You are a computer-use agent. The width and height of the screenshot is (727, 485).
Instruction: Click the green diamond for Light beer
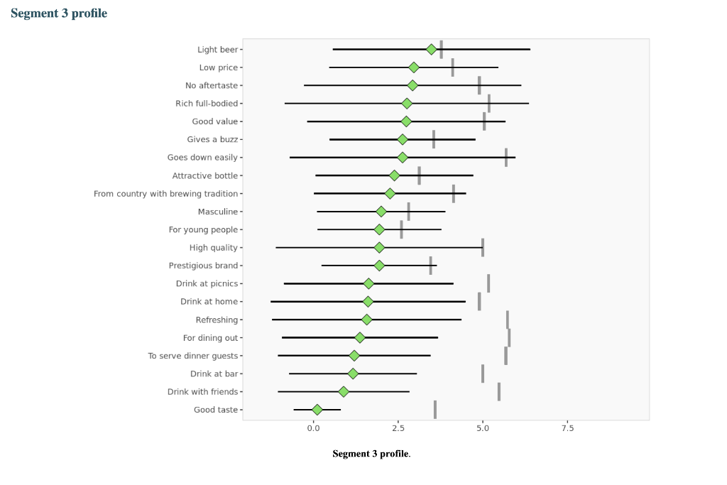tap(431, 49)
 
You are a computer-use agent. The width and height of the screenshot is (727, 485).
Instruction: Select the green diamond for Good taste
tap(317, 410)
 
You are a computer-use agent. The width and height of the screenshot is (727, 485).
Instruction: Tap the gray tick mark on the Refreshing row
tap(508, 320)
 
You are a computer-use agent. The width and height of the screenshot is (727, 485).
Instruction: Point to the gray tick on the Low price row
tap(452, 67)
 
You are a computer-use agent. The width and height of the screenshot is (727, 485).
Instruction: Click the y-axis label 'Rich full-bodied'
tap(207, 104)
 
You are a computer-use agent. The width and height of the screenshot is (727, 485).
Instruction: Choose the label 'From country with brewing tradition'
tap(165, 194)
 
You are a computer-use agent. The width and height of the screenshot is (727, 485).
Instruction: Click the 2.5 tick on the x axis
tap(398, 428)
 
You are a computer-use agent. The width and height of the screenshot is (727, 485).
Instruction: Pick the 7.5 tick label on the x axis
tap(567, 428)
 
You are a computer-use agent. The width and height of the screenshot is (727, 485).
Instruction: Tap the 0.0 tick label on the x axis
tap(314, 428)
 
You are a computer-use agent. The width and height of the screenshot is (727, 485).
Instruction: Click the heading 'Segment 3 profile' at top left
tap(59, 13)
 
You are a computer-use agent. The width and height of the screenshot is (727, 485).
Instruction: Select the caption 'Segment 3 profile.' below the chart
tap(371, 454)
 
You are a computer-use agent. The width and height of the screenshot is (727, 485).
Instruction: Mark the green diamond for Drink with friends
tap(344, 392)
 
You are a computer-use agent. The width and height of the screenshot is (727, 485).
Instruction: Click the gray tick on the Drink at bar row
tap(483, 374)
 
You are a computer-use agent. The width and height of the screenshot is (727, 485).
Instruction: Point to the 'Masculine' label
tap(218, 212)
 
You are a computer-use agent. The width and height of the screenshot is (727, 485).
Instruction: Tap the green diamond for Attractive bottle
tap(395, 175)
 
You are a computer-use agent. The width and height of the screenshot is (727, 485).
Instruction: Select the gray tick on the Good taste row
tap(435, 410)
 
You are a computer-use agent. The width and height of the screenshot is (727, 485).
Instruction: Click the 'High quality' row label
tap(214, 248)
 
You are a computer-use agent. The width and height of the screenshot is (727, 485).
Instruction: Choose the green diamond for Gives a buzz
tap(403, 139)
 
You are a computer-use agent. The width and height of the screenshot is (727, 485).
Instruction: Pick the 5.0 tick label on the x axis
tap(483, 428)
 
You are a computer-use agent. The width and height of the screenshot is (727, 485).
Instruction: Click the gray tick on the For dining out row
tap(509, 337)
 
